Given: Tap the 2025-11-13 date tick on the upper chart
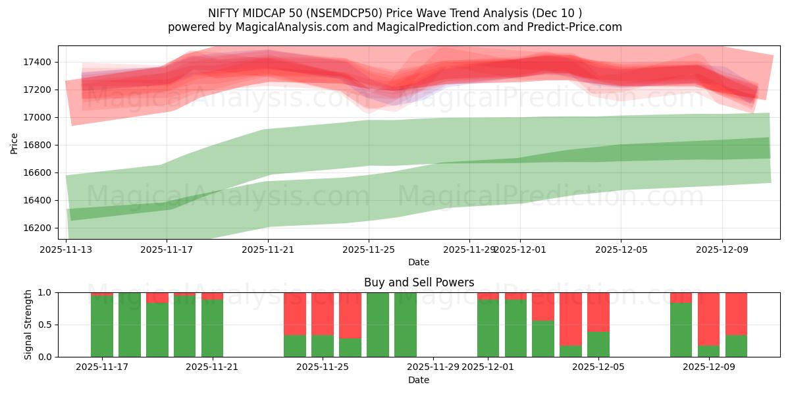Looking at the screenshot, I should pos(66,250).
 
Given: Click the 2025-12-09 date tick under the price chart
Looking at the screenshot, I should pos(722,250).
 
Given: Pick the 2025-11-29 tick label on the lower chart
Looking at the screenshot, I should pos(433,367).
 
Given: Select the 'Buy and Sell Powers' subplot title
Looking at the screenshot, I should pos(419,282).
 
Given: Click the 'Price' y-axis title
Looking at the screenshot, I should pos(14,142).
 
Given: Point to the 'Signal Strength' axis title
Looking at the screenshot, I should pos(28,325).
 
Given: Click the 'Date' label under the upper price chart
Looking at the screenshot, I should pos(419,262).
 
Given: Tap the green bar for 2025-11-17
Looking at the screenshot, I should pos(102,327).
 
